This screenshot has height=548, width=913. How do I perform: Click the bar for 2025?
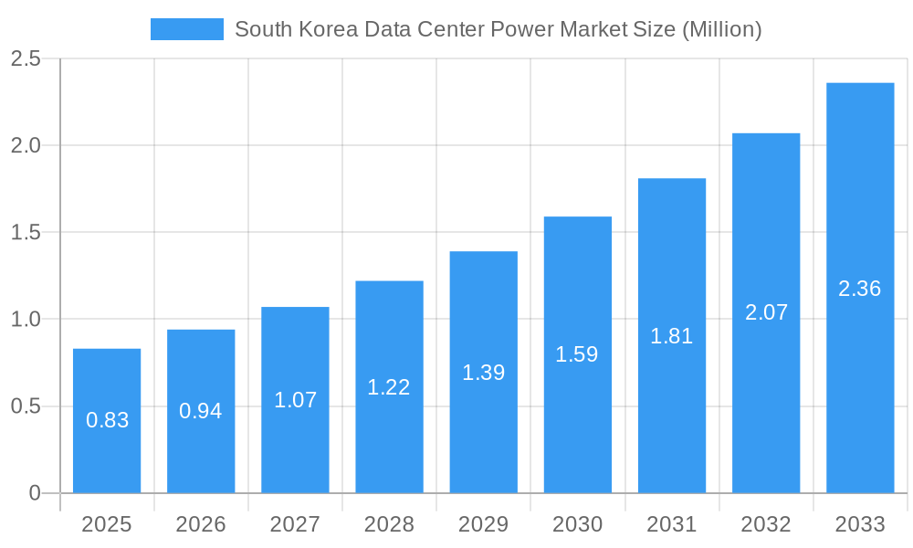point(107,420)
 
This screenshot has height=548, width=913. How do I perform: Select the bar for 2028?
point(389,386)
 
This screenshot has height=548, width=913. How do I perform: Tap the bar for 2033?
point(860,288)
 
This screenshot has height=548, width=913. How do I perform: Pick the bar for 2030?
point(577,354)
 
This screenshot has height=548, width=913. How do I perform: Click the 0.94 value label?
point(201,411)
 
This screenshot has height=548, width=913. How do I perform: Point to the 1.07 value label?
point(295,400)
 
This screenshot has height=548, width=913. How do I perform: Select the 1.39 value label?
point(483,373)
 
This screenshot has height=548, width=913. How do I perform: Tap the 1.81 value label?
point(671,336)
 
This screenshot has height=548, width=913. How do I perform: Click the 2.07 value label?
point(766,312)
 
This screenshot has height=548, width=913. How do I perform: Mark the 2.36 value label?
point(860,289)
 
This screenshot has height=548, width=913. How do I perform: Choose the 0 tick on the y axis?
point(35,493)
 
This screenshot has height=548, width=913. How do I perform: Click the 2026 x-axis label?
point(201,524)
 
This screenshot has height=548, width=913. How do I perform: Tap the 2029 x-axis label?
point(483,524)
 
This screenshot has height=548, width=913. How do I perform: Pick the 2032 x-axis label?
point(766,524)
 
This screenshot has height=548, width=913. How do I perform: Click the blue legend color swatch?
point(187,29)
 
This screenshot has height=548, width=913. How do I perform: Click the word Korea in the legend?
point(326,29)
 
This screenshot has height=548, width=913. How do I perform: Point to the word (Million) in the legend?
point(721,29)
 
